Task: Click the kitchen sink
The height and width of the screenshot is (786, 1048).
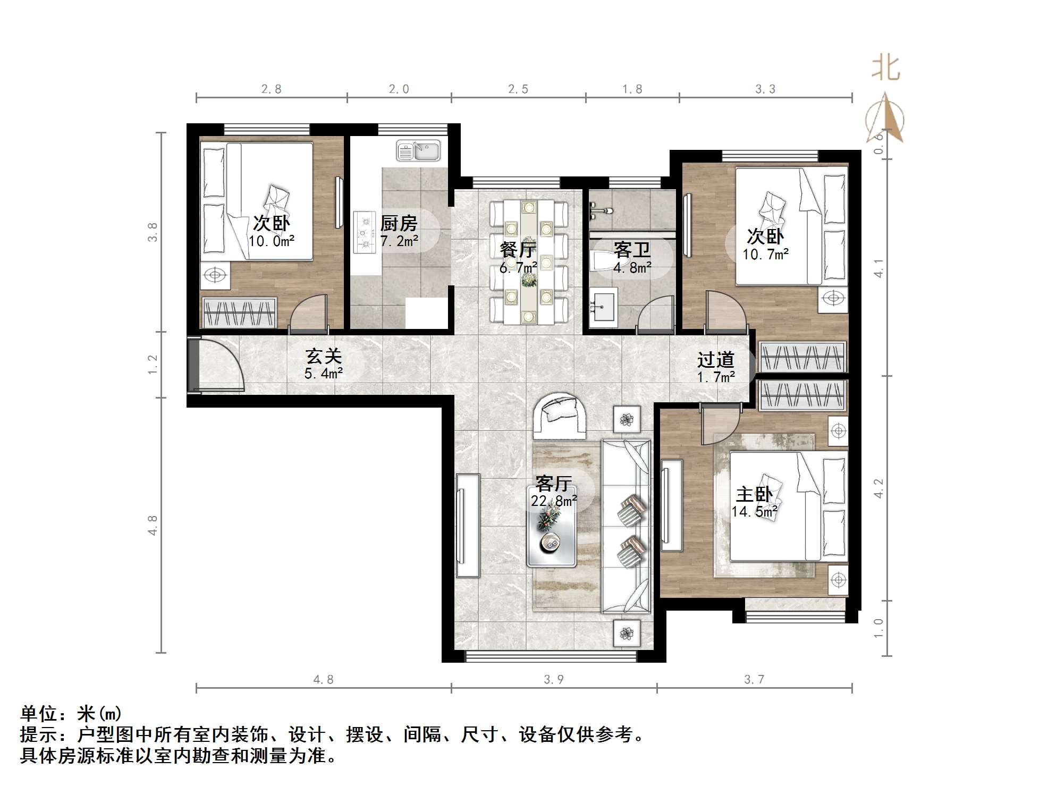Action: click(x=418, y=150)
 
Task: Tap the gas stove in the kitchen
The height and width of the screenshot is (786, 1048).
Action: click(x=365, y=232)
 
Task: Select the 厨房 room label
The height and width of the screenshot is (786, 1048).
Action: click(x=399, y=223)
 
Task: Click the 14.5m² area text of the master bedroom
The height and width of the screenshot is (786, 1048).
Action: click(x=755, y=512)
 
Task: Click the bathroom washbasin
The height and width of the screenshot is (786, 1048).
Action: click(x=603, y=307)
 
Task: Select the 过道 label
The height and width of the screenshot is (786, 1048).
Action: click(x=715, y=360)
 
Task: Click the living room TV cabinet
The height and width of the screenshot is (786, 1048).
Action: click(x=468, y=525)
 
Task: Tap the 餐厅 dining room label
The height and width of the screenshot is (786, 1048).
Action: click(x=518, y=249)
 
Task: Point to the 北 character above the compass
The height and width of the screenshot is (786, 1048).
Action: click(x=885, y=68)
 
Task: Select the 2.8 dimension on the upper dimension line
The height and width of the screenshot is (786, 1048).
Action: click(x=272, y=89)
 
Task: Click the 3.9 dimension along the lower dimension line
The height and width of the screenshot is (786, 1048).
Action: click(x=554, y=679)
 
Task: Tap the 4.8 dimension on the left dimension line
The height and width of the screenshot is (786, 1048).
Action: click(x=153, y=525)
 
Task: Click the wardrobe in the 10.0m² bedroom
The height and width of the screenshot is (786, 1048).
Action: click(x=239, y=312)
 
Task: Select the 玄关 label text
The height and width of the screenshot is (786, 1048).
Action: click(x=323, y=356)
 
